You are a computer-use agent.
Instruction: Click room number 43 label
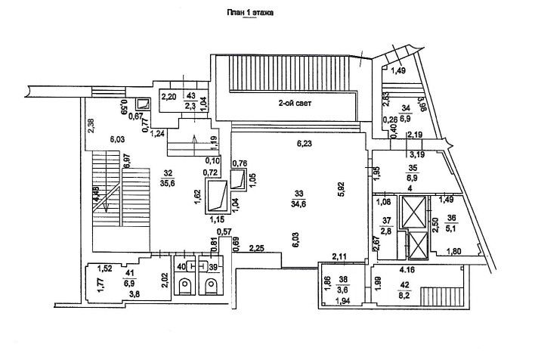coord(190,96)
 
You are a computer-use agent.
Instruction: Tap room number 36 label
coord(453,217)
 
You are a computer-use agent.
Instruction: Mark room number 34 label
coord(406,108)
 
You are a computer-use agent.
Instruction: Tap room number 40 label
coord(180,267)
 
